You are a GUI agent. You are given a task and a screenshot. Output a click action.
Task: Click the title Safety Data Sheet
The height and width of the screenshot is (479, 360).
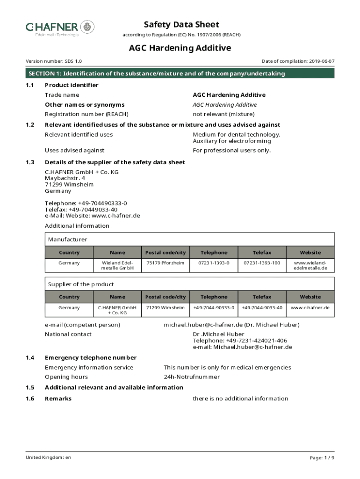tap(181, 24)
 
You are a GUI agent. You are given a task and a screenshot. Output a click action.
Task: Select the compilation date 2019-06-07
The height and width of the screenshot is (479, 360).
tap(321, 61)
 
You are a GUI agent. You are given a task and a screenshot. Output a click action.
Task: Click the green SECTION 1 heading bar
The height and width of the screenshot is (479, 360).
tap(180, 73)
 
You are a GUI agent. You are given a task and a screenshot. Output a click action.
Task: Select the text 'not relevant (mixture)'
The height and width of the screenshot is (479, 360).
tap(223, 114)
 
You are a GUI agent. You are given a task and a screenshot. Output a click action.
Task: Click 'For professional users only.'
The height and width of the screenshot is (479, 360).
tap(231, 151)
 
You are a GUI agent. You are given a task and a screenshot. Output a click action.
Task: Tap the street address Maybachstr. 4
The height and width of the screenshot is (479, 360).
tap(65, 178)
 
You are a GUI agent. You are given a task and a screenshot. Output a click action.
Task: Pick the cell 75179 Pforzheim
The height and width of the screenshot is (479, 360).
tap(166, 263)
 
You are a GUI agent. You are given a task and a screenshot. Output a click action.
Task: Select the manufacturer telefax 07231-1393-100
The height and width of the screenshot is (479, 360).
tap(262, 263)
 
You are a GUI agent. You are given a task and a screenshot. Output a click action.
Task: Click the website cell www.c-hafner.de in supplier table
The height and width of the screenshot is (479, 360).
tap(310, 308)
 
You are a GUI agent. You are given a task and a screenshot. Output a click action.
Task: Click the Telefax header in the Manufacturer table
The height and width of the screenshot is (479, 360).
tap(262, 253)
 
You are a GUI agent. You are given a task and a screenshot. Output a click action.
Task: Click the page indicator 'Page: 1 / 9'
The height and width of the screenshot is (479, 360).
tap(322, 457)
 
